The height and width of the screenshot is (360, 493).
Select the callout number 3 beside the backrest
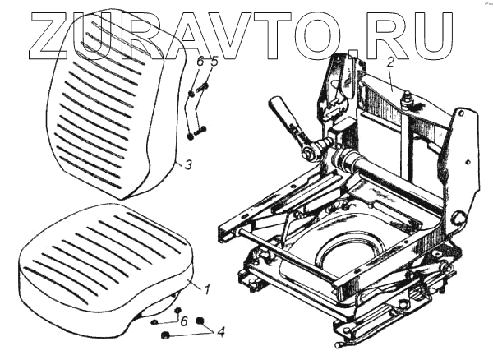188,165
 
